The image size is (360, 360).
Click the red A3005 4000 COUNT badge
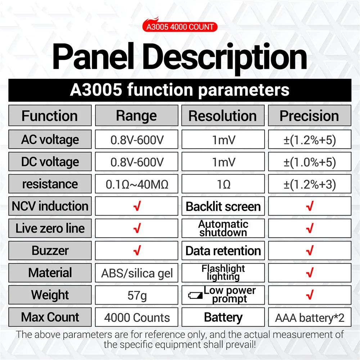tap(180, 27)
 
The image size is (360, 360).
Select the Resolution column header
tap(223, 116)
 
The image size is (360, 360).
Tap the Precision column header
tap(310, 116)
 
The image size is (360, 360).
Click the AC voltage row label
tap(50, 139)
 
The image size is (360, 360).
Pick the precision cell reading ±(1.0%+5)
tap(310, 162)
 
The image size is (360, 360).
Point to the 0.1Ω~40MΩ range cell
tap(136, 184)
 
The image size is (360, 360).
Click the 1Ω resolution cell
tap(223, 184)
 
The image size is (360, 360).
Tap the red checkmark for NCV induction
tap(137, 206)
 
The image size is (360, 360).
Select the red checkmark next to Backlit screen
tap(310, 206)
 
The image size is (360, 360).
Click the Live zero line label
tap(50, 228)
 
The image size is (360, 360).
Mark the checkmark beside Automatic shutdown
tap(310, 228)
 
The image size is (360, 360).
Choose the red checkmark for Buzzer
tap(137, 250)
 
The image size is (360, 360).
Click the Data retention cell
tap(223, 251)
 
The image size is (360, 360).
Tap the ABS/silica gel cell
tap(136, 273)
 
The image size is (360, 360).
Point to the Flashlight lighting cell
tap(223, 273)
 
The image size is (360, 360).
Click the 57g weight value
tap(137, 295)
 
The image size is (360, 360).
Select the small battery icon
tap(195, 296)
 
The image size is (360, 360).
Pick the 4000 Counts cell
tap(136, 317)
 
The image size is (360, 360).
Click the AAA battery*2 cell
tap(310, 317)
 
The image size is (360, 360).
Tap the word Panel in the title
tap(93, 56)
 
